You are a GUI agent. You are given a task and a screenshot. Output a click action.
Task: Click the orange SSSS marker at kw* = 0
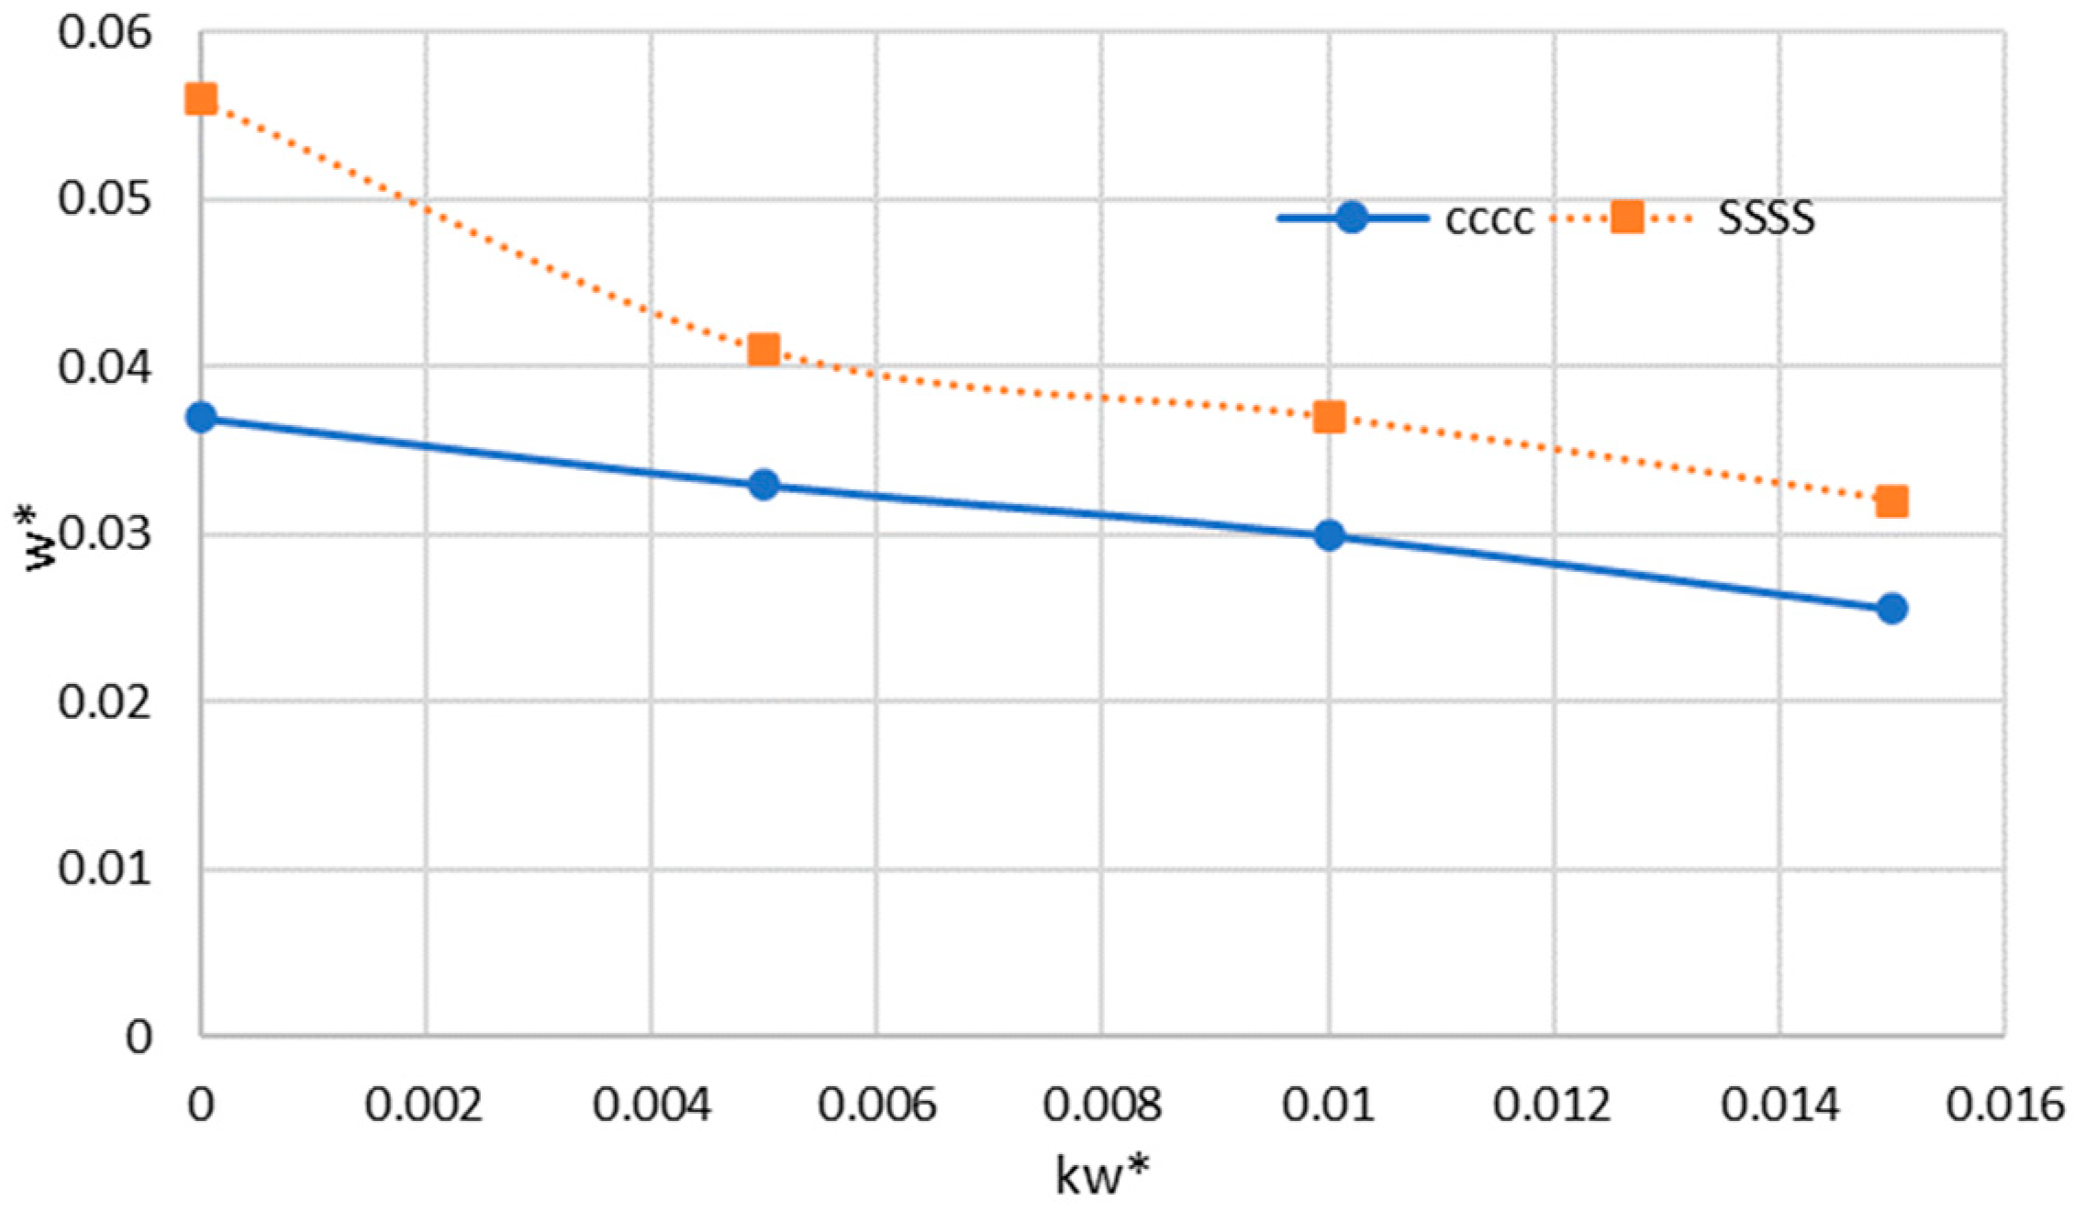click(201, 98)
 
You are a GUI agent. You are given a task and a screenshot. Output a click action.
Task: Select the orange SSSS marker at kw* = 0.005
click(764, 350)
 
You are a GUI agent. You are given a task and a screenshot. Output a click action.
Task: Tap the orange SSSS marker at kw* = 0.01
click(1329, 417)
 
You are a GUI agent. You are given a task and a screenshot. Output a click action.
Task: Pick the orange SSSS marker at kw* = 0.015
click(1891, 501)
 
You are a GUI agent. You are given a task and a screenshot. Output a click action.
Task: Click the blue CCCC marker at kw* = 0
click(201, 418)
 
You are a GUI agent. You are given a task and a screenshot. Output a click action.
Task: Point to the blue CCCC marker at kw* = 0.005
click(764, 485)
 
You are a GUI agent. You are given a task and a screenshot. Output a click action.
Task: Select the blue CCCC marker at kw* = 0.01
click(1329, 535)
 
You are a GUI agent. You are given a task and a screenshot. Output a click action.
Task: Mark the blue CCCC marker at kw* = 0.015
click(1891, 609)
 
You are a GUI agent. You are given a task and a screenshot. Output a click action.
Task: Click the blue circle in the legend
click(1352, 218)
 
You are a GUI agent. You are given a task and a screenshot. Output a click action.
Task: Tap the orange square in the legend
click(1627, 218)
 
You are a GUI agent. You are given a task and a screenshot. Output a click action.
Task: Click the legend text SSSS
click(1766, 219)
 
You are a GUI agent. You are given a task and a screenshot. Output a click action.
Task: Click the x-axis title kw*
click(1102, 1175)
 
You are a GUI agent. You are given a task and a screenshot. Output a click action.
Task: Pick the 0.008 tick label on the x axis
click(1102, 1105)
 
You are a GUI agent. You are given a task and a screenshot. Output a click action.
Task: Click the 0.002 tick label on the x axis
click(424, 1105)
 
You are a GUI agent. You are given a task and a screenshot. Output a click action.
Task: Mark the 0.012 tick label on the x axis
click(1552, 1105)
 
